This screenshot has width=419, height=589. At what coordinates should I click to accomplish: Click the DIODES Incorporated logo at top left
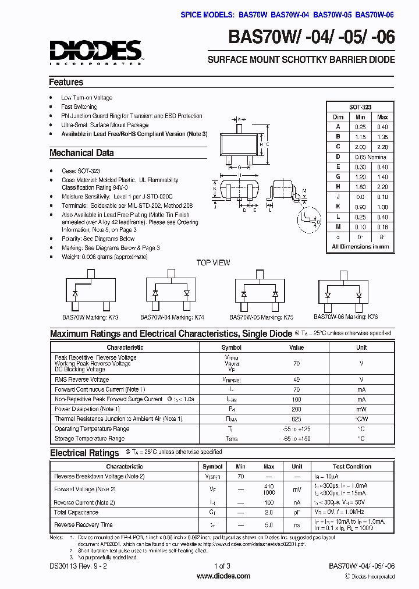click(95, 52)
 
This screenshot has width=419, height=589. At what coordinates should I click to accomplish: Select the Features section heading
click(66, 82)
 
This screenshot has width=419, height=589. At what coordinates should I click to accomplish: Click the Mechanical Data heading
click(81, 153)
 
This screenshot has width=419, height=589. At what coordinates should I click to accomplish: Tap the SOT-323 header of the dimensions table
click(360, 107)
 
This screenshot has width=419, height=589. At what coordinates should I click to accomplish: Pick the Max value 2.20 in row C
click(382, 147)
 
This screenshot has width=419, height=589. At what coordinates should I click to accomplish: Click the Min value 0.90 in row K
click(361, 207)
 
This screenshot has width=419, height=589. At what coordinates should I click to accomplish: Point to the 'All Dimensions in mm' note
click(360, 247)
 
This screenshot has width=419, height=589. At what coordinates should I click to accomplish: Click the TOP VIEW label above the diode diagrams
click(213, 262)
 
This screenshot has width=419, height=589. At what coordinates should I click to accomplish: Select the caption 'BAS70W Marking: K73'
click(90, 317)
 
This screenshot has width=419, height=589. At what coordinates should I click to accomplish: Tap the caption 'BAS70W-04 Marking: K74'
click(172, 317)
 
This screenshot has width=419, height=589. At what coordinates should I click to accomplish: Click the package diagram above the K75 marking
click(259, 291)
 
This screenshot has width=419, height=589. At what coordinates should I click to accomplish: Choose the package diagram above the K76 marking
click(342, 291)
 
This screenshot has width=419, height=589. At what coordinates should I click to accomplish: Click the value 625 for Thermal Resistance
click(297, 419)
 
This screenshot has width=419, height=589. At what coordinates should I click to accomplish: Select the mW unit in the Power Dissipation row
click(361, 409)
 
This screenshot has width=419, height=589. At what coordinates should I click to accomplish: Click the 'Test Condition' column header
click(351, 467)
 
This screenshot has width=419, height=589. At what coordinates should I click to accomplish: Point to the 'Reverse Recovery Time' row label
click(83, 524)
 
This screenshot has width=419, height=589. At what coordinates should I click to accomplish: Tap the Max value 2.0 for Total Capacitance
click(269, 513)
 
